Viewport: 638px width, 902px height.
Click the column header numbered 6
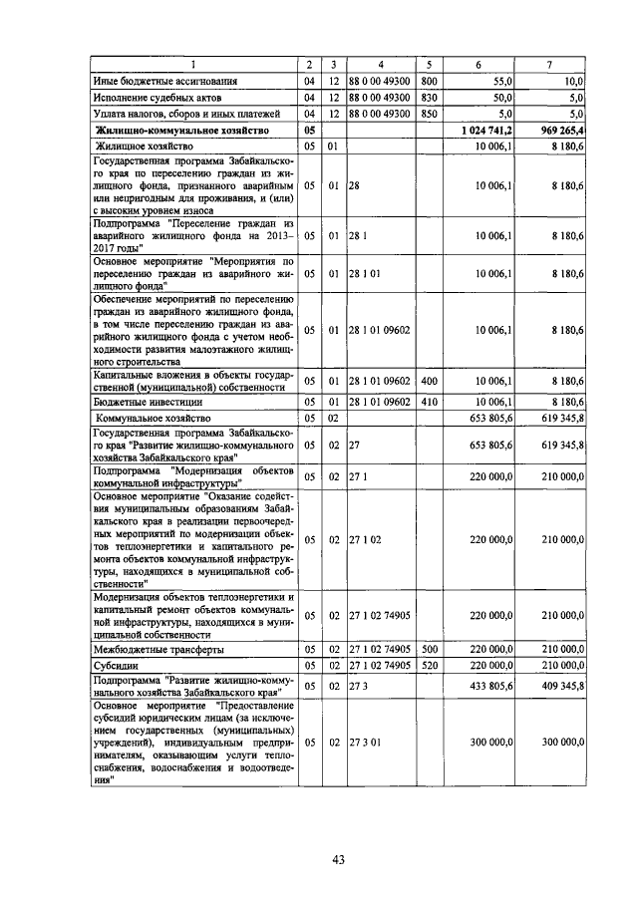pyautogui.click(x=478, y=65)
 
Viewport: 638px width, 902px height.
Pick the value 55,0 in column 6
pyautogui.click(x=501, y=81)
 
